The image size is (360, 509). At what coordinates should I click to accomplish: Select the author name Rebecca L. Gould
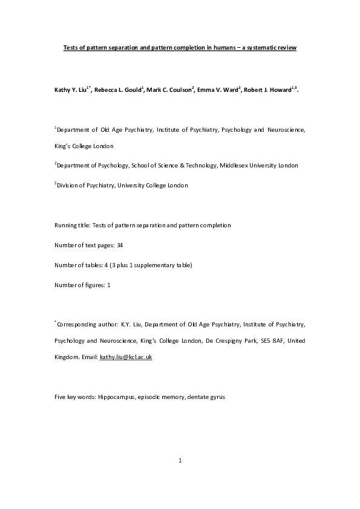[x=117, y=89]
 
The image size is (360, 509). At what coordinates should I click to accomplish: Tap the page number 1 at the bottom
[x=180, y=461]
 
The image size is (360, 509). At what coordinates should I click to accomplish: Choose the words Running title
[x=71, y=225]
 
